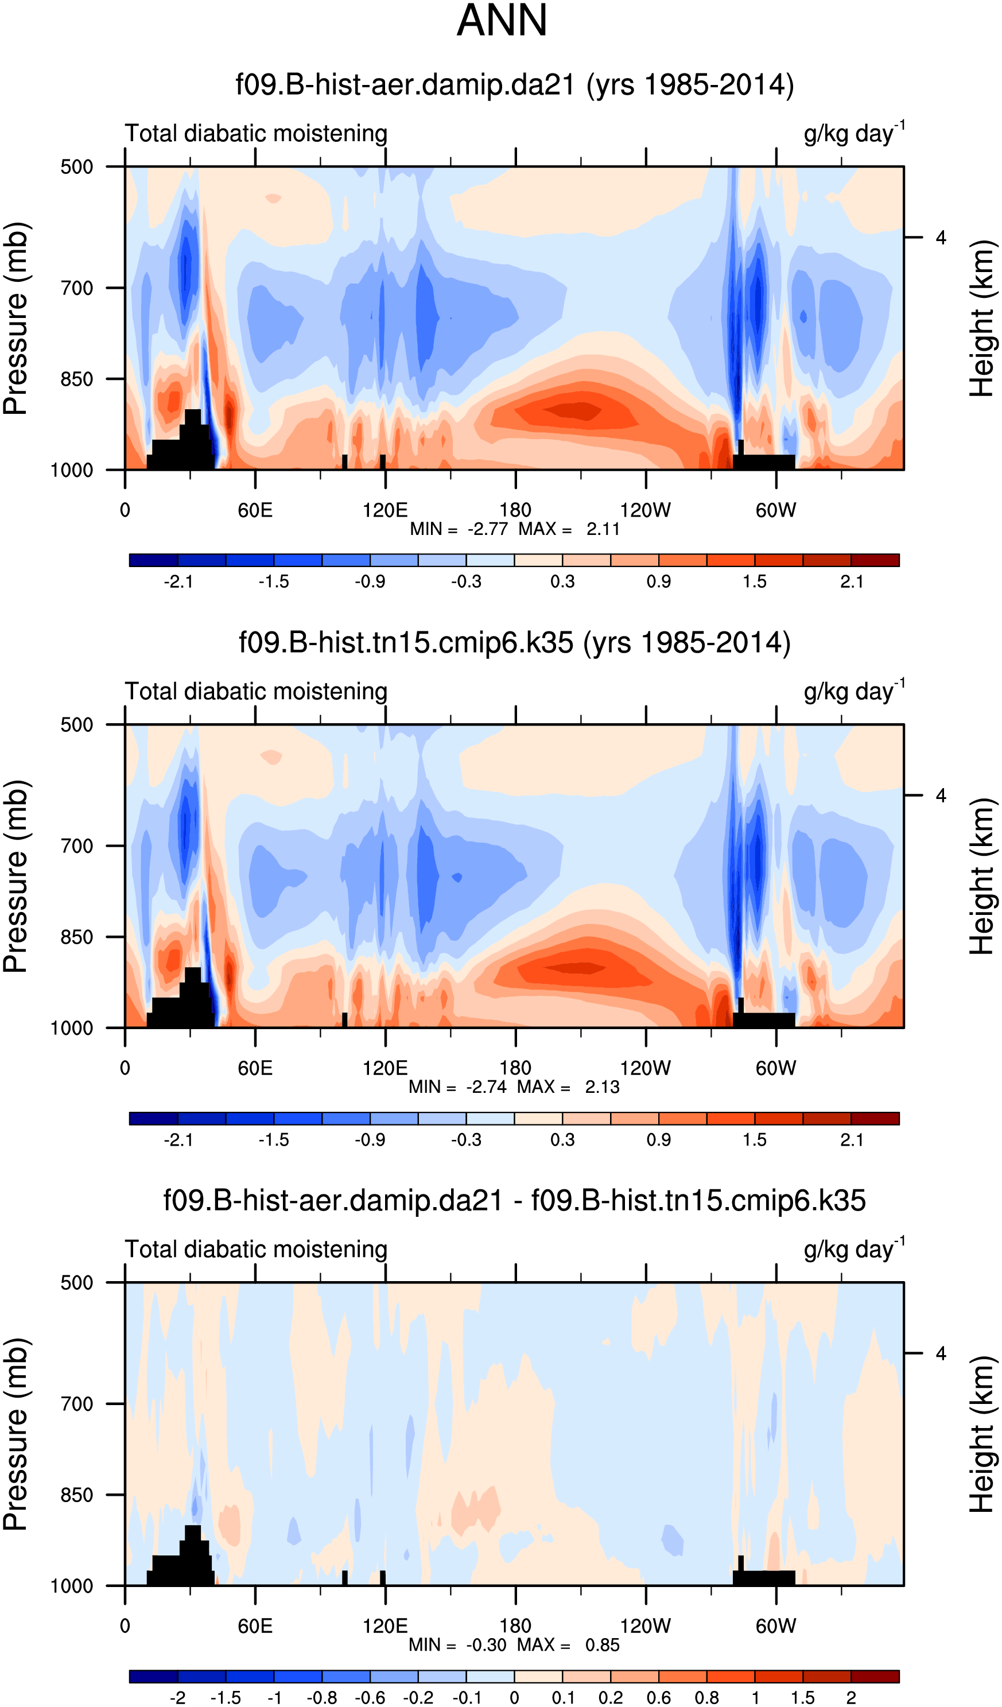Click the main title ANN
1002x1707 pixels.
point(502,20)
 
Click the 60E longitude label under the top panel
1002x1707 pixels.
point(255,510)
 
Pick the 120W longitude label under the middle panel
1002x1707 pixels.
point(645,1068)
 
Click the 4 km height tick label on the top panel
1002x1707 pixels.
point(941,238)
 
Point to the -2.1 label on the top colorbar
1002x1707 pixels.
point(178,582)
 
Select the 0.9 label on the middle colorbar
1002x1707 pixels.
point(658,1140)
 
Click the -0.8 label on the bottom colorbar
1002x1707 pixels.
point(322,1697)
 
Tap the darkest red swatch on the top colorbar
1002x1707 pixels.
point(875,560)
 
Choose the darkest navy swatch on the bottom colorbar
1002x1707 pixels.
point(154,1677)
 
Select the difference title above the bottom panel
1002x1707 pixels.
point(514,1201)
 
